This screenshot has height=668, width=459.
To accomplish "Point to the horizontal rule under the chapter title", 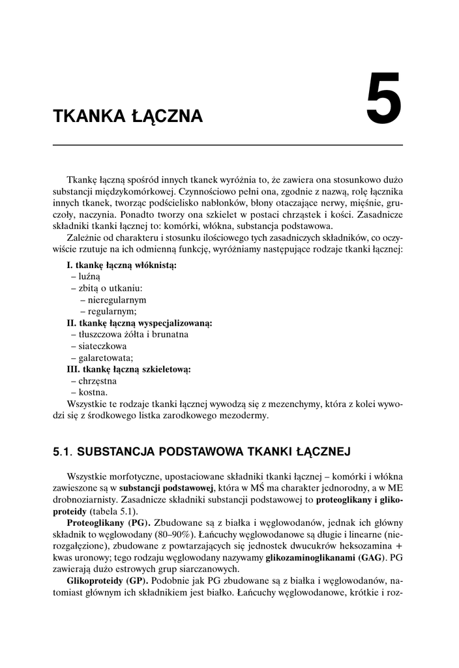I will (x=228, y=145).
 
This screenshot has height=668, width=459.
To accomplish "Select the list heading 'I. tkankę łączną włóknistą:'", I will (x=122, y=266).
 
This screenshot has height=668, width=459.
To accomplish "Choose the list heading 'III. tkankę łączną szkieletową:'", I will (x=128, y=369).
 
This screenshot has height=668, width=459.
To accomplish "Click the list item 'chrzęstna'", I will (x=98, y=381).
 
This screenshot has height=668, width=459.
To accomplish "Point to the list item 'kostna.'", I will (x=93, y=393).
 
